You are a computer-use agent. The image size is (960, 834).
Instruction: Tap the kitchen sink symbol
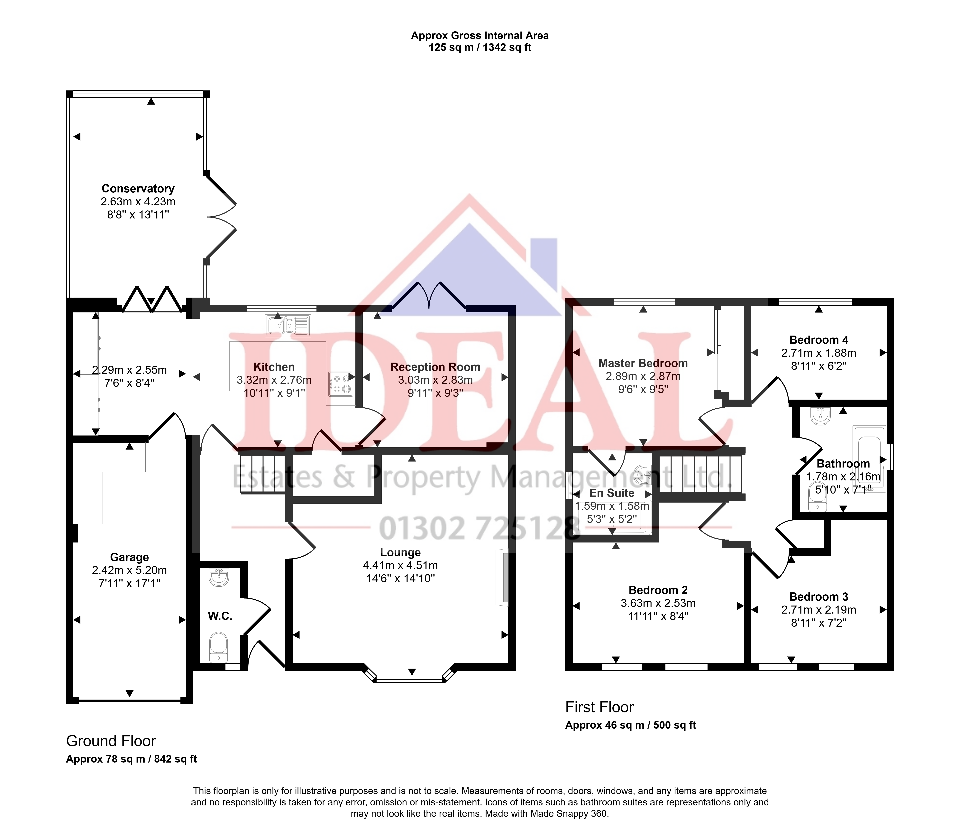[288, 325]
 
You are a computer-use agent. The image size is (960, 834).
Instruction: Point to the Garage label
[129, 557]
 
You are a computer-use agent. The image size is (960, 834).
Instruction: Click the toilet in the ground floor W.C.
[218, 647]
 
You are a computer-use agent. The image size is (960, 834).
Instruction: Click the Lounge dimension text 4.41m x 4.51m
[400, 565]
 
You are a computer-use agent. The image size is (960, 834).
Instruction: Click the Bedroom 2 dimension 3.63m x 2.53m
[658, 603]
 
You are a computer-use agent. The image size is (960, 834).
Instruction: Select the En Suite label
[612, 493]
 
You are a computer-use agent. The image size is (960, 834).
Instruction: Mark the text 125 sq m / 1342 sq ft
[480, 47]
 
